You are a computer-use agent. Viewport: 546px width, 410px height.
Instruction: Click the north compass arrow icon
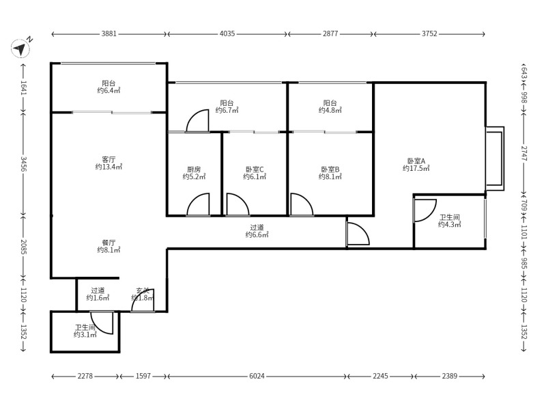tap(20, 48)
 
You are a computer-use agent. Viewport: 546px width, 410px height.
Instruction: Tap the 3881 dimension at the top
tap(109, 33)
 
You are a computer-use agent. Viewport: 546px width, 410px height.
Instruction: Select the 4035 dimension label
tap(227, 33)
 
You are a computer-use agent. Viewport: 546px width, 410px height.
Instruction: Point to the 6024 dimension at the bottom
tap(257, 376)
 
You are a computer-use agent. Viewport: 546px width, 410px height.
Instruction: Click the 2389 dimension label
tap(449, 376)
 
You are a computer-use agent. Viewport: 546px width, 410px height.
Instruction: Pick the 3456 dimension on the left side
tap(23, 163)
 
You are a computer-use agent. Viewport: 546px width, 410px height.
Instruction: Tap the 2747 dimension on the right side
tap(524, 152)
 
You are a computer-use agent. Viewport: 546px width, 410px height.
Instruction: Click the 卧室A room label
tap(416, 161)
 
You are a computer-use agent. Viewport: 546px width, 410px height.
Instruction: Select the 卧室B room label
tap(330, 169)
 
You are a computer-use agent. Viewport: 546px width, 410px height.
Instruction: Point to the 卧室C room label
tap(255, 169)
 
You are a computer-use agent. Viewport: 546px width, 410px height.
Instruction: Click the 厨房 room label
tap(194, 169)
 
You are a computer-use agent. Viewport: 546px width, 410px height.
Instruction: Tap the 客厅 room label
tap(109, 159)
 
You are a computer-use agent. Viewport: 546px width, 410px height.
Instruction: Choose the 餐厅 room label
tap(109, 243)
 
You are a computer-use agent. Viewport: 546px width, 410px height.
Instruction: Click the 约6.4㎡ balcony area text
tap(109, 91)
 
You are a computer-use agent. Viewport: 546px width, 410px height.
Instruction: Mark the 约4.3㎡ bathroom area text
tap(450, 225)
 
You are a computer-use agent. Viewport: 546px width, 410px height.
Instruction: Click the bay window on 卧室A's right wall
tap(495, 159)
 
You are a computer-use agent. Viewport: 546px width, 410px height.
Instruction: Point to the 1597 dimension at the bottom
tap(143, 376)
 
